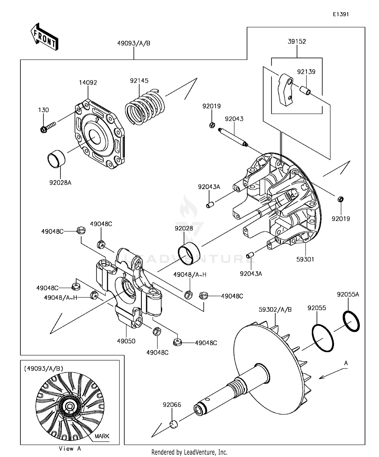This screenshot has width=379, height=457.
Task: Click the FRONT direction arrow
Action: click(44, 37)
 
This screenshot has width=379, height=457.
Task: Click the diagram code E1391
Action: click(340, 14)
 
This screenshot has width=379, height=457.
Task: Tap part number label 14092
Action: click(88, 83)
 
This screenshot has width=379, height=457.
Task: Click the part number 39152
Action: click(297, 41)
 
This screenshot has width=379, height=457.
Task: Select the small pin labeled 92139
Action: click(305, 90)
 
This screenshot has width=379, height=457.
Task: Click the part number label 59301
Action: click(305, 259)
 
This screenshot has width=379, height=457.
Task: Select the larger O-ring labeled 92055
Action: click(323, 338)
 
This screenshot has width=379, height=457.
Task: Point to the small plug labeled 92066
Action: click(173, 424)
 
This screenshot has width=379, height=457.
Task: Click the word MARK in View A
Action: click(102, 436)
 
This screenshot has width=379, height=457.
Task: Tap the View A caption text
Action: click(70, 449)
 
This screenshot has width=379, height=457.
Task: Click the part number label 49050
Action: click(126, 341)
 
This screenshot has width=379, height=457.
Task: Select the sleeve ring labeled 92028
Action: click(189, 253)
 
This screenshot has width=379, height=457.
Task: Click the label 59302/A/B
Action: click(275, 309)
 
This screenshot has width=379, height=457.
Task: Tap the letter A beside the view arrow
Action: click(346, 363)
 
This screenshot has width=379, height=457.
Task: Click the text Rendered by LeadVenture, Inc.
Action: click(189, 452)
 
